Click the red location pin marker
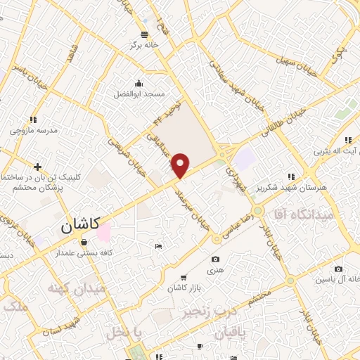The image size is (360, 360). pos(181,165)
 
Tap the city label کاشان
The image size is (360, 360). pos(77,226)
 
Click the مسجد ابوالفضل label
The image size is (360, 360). pos(140,94)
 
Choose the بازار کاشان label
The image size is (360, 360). pos(184,288)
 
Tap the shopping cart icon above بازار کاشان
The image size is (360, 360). pos(184,277)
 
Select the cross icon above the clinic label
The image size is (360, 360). pos(37,166)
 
